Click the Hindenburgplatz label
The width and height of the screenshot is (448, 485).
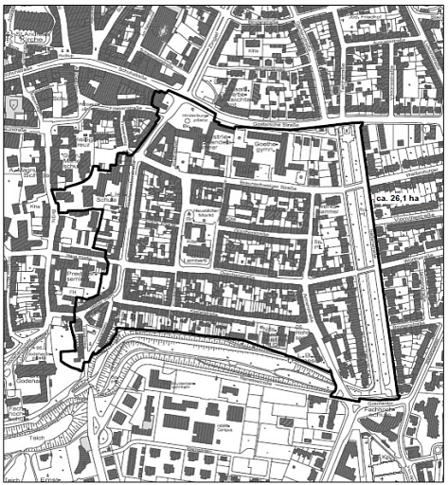tap(195, 119)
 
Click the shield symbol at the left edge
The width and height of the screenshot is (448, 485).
tap(12, 104)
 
